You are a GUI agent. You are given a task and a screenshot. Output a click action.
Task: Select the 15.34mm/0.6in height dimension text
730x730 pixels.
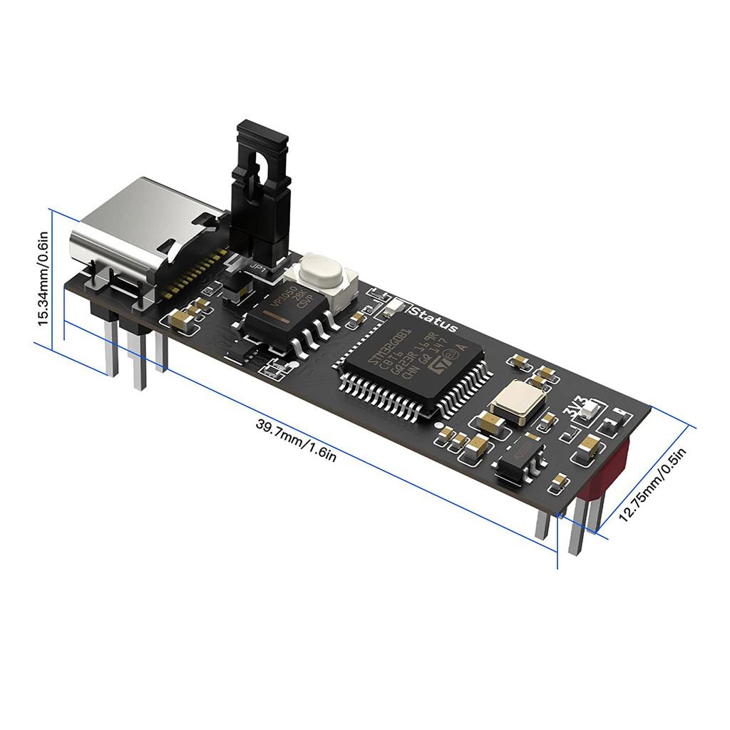[43, 277]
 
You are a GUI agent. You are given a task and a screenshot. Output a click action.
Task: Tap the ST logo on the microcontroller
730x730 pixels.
[442, 364]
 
